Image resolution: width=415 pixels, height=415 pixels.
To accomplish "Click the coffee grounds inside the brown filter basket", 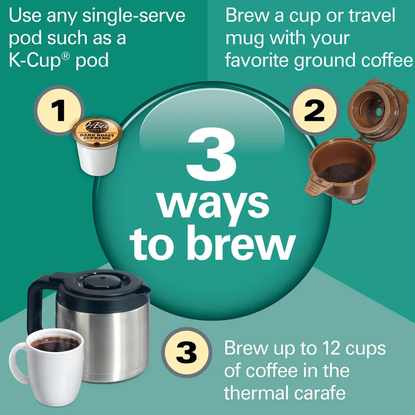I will [x=340, y=172].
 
